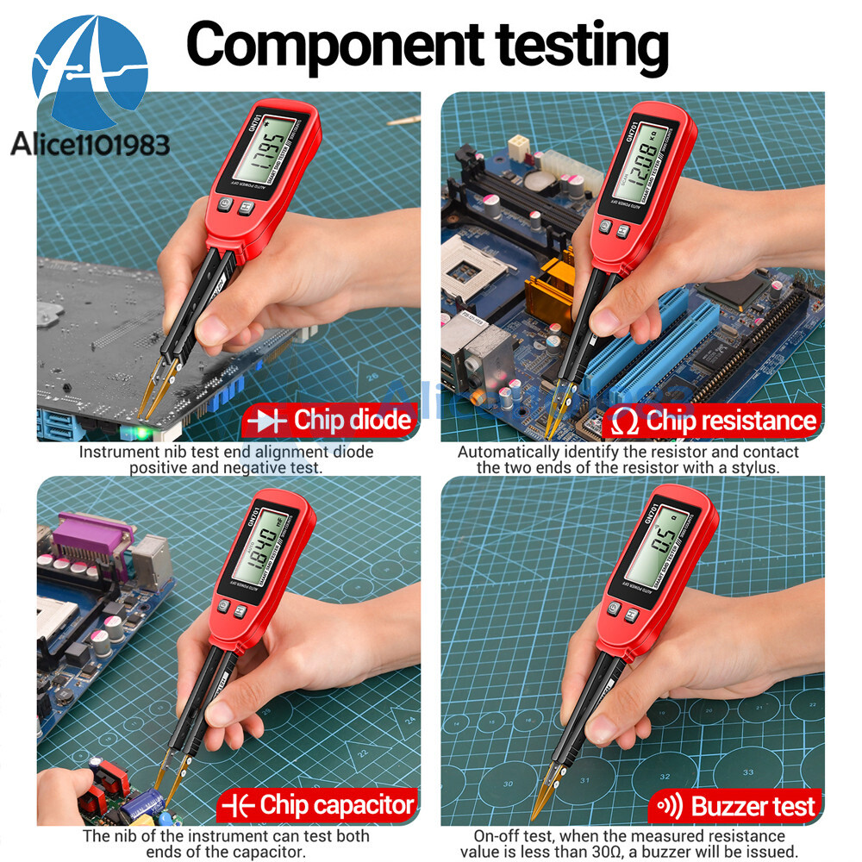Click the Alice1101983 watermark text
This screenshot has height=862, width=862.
(x=90, y=143)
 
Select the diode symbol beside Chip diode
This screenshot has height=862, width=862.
(x=266, y=421)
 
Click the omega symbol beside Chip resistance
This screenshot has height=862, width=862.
(x=624, y=422)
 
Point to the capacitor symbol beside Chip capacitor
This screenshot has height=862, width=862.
(x=237, y=806)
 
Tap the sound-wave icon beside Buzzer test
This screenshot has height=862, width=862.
(x=670, y=806)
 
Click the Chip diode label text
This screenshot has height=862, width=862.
(x=352, y=421)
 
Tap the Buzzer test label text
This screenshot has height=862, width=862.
(x=753, y=807)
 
